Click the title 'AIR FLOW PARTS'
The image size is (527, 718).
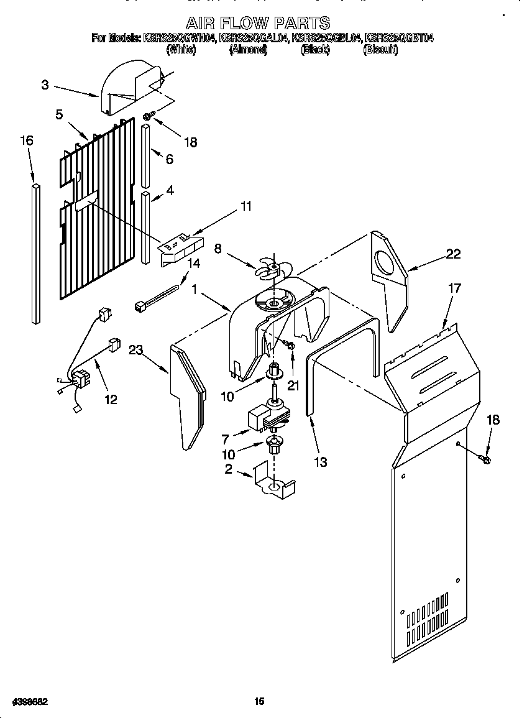(x=259, y=24)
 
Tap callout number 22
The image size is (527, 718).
(x=454, y=253)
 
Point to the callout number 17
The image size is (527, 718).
(x=455, y=288)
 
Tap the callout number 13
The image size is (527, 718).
(x=321, y=462)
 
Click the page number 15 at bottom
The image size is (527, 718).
(x=259, y=701)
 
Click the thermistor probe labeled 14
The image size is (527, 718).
(x=158, y=297)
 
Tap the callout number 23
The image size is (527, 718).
(x=135, y=350)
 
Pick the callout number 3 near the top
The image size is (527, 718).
(x=45, y=85)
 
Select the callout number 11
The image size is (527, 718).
(x=246, y=206)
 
